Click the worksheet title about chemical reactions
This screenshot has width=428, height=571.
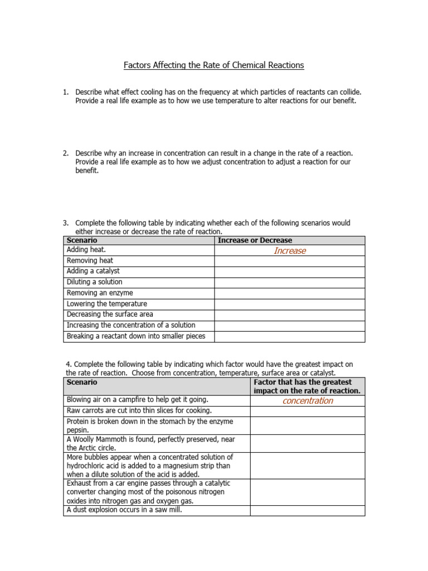click(213, 65)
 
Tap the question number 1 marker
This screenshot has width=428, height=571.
click(66, 91)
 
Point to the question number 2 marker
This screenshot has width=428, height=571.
click(66, 153)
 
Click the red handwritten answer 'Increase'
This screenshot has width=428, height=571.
click(290, 251)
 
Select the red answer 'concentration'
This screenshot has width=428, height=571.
click(308, 401)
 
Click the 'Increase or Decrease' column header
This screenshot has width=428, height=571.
click(255, 240)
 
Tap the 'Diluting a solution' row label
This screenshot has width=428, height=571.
click(95, 282)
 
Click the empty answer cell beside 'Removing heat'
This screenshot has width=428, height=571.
click(290, 261)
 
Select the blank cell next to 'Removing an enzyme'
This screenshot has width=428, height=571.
click(290, 293)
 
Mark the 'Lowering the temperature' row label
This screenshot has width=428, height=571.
click(107, 304)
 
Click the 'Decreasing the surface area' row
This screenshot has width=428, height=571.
click(110, 314)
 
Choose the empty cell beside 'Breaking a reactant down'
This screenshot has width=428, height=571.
click(290, 336)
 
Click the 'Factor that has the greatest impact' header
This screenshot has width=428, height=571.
click(307, 386)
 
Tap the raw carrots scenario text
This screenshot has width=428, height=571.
click(139, 411)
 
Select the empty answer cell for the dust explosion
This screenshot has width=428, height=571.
click(307, 510)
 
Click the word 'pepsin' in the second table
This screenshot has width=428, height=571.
click(77, 430)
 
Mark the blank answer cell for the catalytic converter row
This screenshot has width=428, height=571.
click(307, 492)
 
